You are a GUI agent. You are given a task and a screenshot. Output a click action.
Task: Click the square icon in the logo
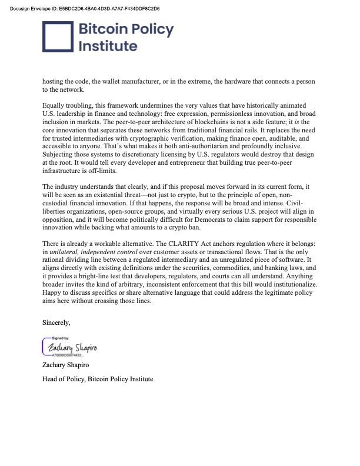(57, 38)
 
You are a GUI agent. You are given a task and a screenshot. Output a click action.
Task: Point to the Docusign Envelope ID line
(82, 9)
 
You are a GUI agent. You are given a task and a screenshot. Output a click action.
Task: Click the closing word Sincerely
(56, 322)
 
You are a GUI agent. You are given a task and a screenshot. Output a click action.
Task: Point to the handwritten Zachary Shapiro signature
(73, 348)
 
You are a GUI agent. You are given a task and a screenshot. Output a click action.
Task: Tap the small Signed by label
(61, 338)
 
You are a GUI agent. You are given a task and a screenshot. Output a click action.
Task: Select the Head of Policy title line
(98, 379)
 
